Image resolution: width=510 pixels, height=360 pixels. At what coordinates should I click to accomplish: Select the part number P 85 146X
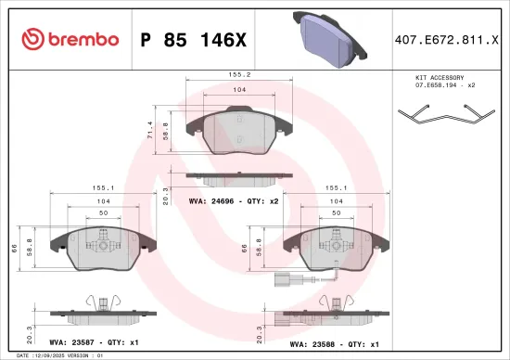194,39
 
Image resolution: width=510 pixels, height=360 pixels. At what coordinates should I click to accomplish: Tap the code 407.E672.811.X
446,39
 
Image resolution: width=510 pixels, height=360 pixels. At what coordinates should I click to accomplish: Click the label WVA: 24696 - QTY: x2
234,200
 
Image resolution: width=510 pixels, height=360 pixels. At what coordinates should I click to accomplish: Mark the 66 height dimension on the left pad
15,248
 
